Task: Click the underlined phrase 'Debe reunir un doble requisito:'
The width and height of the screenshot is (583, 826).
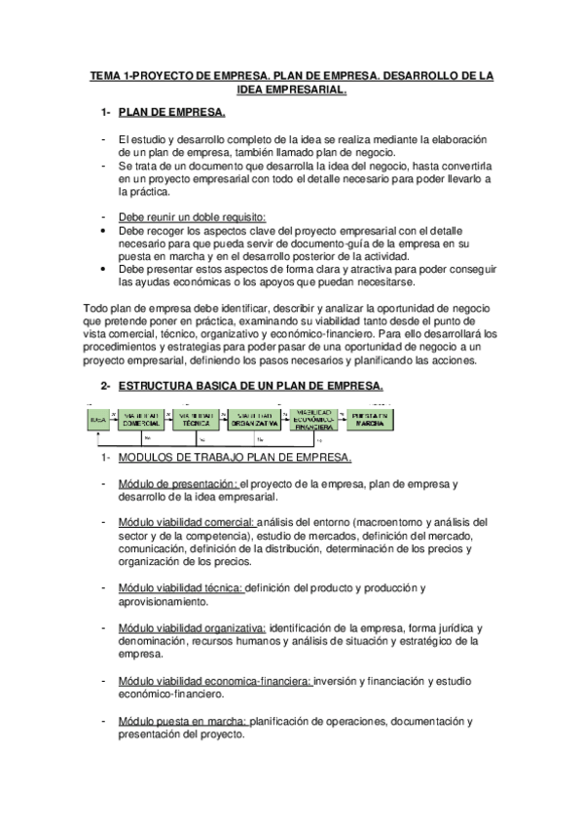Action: (192, 216)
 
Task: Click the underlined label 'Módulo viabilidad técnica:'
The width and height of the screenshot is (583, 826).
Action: (181, 588)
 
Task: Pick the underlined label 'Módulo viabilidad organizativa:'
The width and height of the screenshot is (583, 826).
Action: (191, 628)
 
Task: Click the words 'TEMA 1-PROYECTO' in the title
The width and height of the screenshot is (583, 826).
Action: (135, 75)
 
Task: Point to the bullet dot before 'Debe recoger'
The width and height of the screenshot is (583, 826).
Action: (104, 231)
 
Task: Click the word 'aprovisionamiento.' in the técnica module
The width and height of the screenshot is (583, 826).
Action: (163, 603)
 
